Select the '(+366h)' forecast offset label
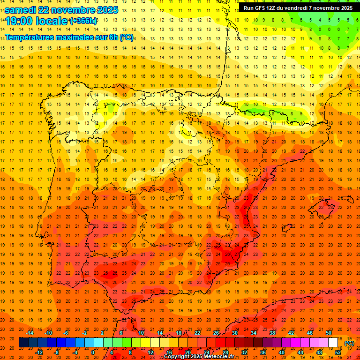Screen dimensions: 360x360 pos(83,21)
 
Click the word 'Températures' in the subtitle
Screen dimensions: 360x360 pos(31,37)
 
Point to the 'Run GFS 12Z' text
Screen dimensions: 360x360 pos(259,8)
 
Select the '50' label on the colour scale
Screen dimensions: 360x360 pos(329,333)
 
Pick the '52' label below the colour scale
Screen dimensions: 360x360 pos(338,352)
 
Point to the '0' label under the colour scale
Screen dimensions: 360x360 pos(93,352)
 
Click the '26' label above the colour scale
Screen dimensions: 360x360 pos(216,333)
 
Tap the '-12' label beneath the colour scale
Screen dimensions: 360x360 pos(39,352)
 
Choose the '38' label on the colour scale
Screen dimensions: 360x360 pos(272,333)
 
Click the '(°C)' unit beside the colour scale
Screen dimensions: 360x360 pos(349,343)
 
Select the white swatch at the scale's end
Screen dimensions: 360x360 pos(333,343)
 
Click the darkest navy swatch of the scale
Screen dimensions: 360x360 pos(24,343)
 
